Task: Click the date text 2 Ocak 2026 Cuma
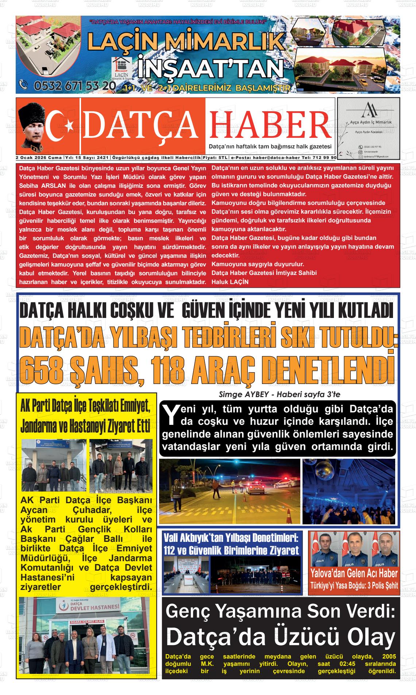pos(39,158)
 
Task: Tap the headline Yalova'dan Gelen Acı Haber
pos(354,574)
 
